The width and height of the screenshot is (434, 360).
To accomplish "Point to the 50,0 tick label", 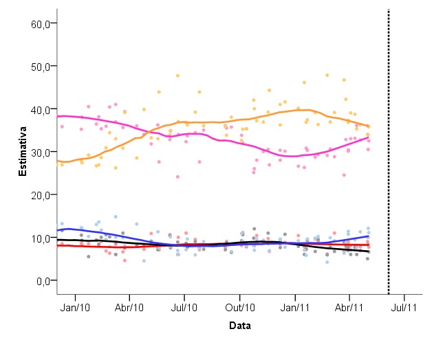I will pos(41,66).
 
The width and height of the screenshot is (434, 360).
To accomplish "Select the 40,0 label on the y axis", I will pos(41,109).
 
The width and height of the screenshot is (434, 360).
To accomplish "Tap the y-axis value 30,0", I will pos(41,152).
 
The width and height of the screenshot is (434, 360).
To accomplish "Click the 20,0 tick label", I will pos(41,194).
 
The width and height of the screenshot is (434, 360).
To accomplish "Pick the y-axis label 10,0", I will pos(41,238).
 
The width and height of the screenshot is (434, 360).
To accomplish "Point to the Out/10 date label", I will pos(241,307).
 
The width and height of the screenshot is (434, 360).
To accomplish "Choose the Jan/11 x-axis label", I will pos(296,307).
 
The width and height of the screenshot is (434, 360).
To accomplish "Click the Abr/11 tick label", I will pos(349,307).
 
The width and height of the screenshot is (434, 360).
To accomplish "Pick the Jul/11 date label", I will pos(404,307).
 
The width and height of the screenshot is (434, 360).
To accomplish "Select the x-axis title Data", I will pos(239,326).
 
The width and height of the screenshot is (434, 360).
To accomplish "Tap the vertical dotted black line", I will pos(389,151).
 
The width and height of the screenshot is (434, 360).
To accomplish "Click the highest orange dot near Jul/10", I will pos(177,76).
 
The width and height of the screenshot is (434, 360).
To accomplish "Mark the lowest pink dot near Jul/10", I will pos(177,177).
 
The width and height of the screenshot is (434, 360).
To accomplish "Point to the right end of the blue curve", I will pos(369,236).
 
